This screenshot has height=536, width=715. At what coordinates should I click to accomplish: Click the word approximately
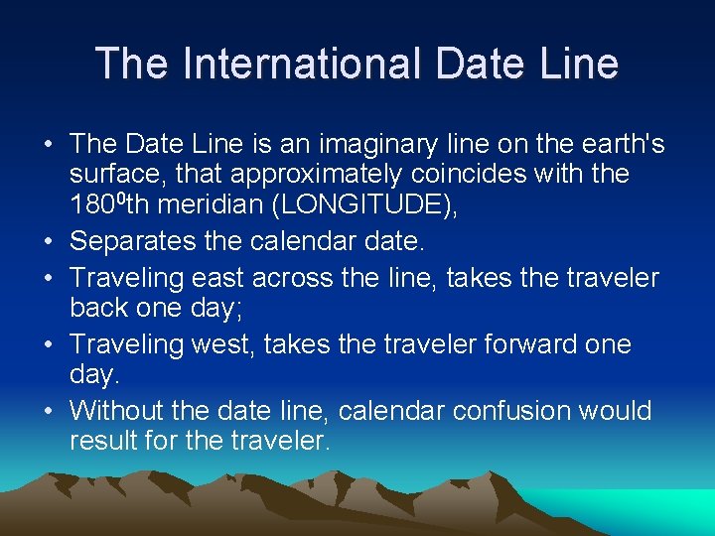(319, 175)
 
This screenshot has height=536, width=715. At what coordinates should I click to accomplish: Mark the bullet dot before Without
(50, 412)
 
